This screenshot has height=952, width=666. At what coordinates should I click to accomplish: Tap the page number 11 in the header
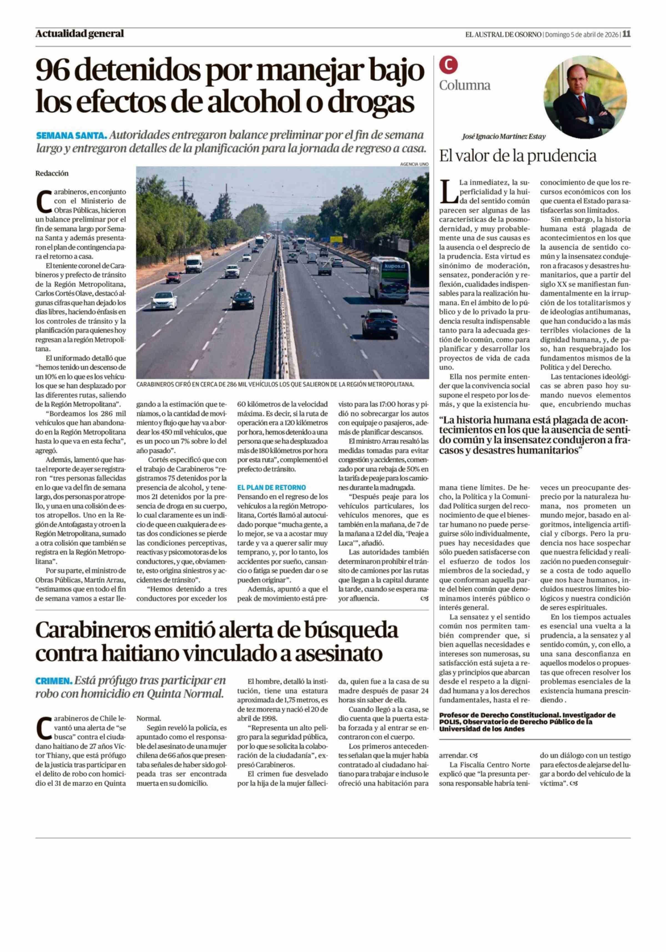point(626,34)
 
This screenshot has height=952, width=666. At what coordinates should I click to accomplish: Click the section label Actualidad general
point(80,34)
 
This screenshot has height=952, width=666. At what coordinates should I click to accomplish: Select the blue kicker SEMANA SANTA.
point(72,136)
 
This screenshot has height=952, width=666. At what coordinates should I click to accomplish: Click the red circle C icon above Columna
point(448,64)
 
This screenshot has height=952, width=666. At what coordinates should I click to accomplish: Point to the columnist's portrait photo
point(585,96)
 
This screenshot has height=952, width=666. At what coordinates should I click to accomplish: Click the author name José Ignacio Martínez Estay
point(504,136)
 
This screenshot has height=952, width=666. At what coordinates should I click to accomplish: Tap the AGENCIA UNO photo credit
point(414,164)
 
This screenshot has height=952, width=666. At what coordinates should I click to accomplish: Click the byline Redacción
point(52,173)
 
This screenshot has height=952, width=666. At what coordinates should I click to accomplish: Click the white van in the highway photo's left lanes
point(193,263)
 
